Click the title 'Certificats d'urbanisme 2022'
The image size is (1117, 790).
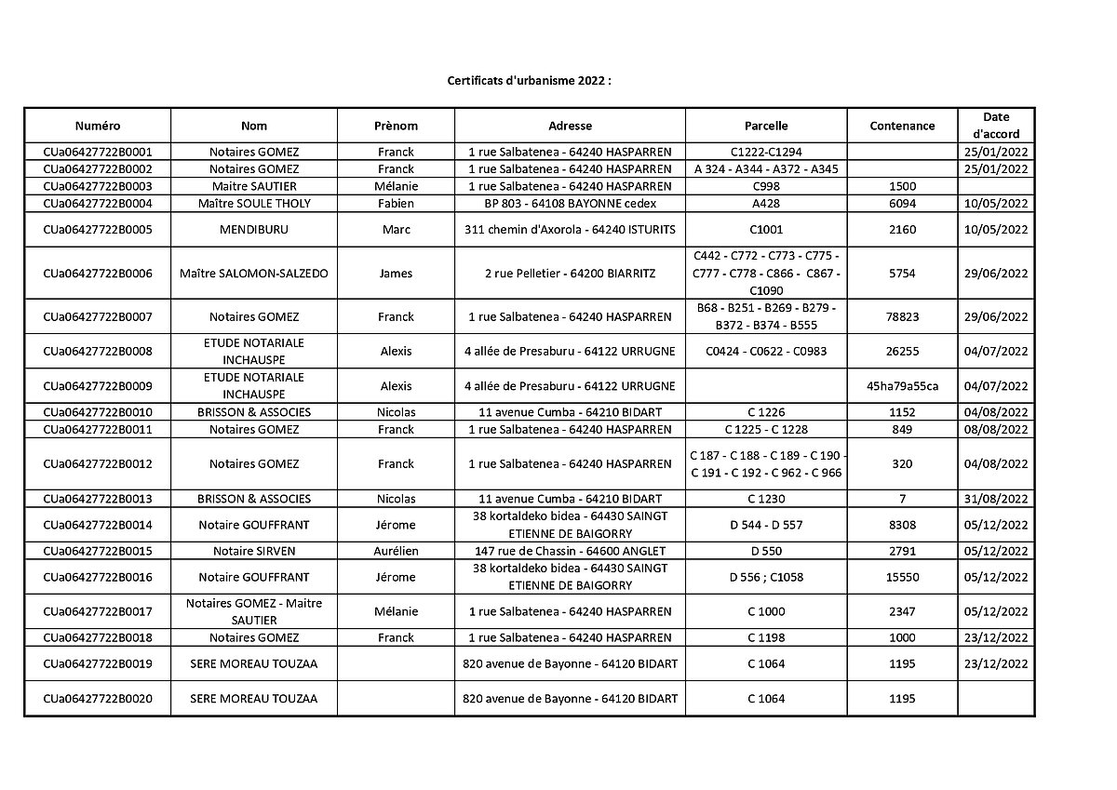[x=529, y=81]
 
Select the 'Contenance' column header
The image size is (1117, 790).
[x=902, y=126]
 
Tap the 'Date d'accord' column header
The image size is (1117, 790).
[x=995, y=126]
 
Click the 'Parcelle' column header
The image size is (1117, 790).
[x=766, y=126]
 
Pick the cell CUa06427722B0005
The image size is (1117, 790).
[x=98, y=230]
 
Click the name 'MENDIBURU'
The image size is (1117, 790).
[x=254, y=230]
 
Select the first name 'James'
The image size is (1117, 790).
[x=396, y=274]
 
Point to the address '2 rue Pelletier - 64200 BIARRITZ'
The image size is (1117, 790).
[x=570, y=274]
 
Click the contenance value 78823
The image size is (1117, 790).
[x=902, y=316]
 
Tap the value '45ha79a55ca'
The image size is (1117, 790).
[x=902, y=386]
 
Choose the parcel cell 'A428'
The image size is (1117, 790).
[x=766, y=204]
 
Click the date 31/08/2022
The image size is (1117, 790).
[x=995, y=499]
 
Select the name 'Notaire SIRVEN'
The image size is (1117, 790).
[x=254, y=551]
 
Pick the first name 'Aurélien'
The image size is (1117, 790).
[x=396, y=551]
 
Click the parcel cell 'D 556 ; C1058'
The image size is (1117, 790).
[x=766, y=577]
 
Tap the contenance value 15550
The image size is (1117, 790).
[x=902, y=577]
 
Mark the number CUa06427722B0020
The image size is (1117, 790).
[x=98, y=699]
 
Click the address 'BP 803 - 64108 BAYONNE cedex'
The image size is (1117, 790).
[x=570, y=204]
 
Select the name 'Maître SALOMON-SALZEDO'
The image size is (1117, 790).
[x=254, y=274]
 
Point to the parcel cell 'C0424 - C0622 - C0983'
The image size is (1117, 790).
[x=766, y=352]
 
